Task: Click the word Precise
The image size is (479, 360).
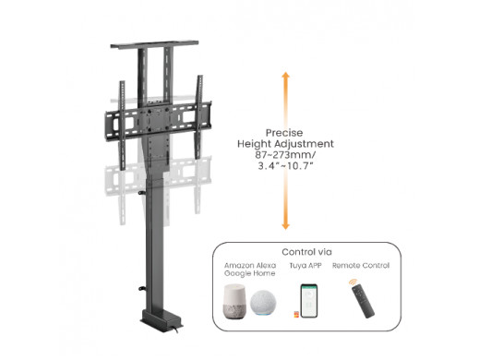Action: tap(284, 133)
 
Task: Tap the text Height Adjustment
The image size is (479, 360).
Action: tap(285, 144)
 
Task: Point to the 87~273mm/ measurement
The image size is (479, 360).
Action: tap(285, 154)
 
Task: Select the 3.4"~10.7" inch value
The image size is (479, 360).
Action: tap(285, 166)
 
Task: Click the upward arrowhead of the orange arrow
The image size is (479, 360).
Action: tap(286, 76)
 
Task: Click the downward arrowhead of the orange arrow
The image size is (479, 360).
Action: tap(286, 226)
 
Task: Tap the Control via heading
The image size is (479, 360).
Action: tap(306, 252)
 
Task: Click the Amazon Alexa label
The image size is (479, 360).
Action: tap(250, 265)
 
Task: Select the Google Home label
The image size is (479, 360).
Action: tap(249, 273)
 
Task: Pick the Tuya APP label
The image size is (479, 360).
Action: tap(305, 265)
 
